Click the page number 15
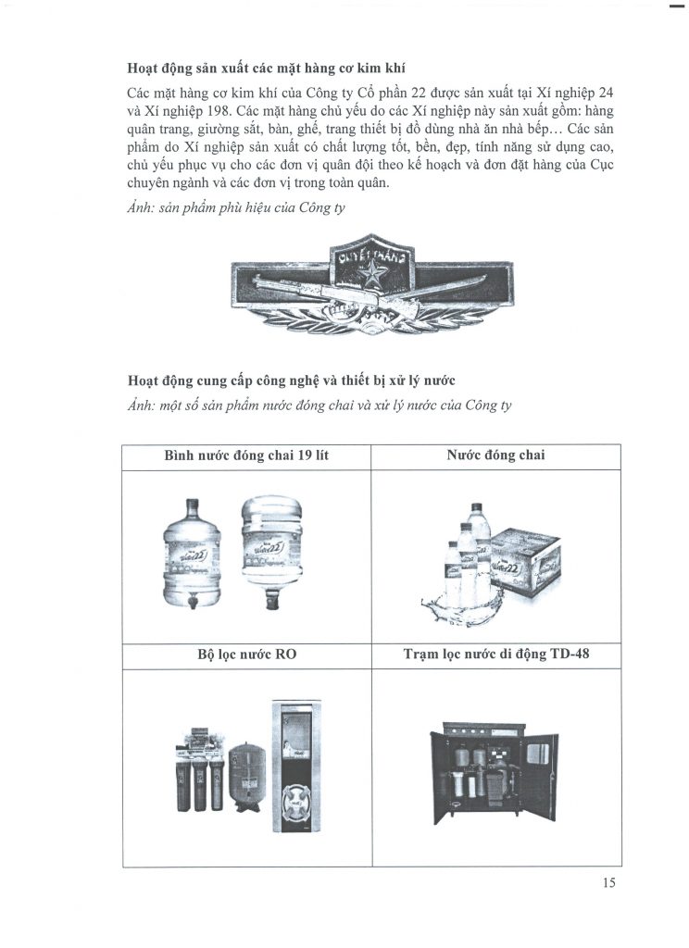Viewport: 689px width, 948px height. point(608,882)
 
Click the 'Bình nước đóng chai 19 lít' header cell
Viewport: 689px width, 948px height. point(246,456)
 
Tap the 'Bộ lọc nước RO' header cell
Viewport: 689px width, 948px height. point(246,656)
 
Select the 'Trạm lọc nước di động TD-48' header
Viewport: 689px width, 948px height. point(495,656)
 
